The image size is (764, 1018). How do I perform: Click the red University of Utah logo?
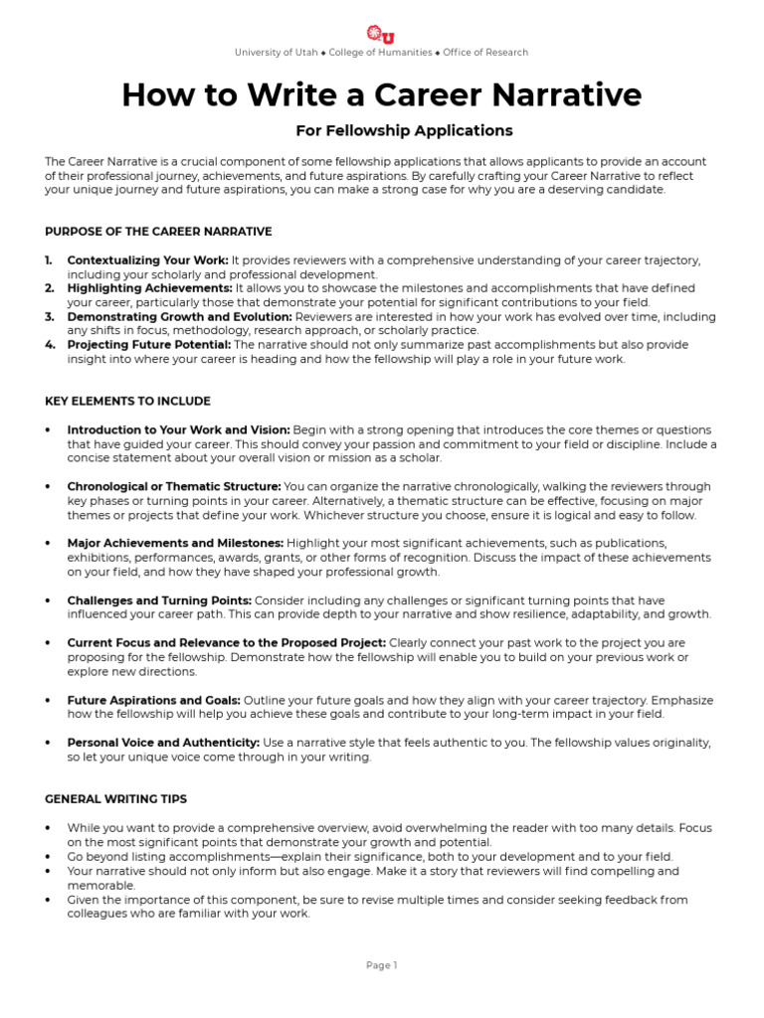tap(381, 33)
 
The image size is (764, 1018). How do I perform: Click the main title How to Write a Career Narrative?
tap(382, 94)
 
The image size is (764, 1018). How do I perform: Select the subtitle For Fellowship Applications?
tap(404, 130)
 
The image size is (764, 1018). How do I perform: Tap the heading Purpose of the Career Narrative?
tap(158, 232)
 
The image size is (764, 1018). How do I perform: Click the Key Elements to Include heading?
tap(127, 401)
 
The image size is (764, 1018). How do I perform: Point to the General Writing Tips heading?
tap(115, 798)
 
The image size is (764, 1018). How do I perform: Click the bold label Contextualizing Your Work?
tap(147, 260)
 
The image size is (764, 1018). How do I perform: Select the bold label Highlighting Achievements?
tap(149, 288)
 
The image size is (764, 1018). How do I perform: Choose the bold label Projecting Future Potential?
tap(148, 345)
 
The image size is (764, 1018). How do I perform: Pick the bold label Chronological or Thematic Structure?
tap(173, 487)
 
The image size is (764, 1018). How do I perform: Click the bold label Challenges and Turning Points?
tap(158, 600)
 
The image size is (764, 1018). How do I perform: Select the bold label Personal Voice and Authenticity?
tap(163, 743)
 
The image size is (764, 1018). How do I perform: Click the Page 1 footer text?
tap(381, 964)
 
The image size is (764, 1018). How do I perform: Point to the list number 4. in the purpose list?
tap(50, 345)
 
